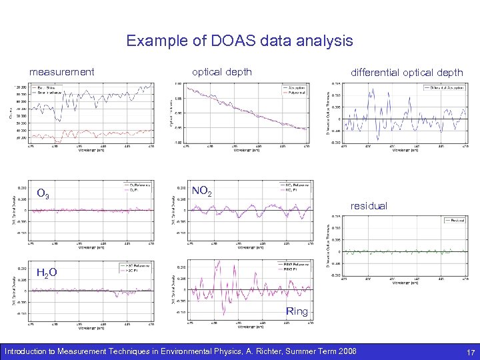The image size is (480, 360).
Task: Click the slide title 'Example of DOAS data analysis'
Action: click(240, 41)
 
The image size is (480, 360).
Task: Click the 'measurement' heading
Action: click(62, 71)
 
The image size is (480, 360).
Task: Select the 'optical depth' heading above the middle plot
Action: click(222, 71)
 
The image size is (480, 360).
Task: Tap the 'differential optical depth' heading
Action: click(407, 72)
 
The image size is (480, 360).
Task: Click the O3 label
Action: click(43, 195)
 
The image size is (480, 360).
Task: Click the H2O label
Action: click(46, 272)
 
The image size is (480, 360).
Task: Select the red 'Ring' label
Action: click(297, 311)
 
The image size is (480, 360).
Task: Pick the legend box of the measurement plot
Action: click(46, 91)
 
